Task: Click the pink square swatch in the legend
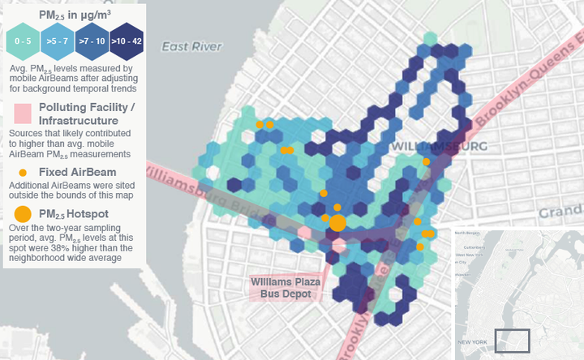[x=22, y=114]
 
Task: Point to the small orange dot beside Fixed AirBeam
[x=23, y=172]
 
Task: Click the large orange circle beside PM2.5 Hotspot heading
[x=24, y=214]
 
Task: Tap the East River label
[x=191, y=47]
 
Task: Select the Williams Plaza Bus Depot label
[x=286, y=288]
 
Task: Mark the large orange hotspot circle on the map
[x=338, y=223]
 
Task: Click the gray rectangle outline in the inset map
[x=512, y=341]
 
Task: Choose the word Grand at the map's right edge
[x=561, y=212]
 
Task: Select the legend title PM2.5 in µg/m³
[x=75, y=14]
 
